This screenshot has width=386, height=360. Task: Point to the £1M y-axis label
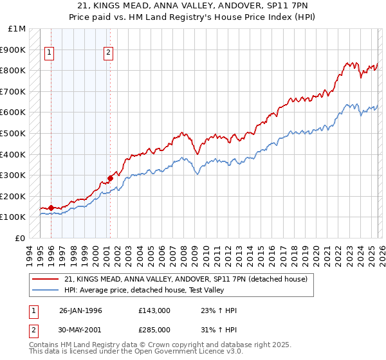pyautogui.click(x=17, y=29)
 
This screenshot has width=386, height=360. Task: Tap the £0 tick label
pyautogui.click(x=21, y=239)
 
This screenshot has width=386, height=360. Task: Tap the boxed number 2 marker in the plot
pyautogui.click(x=109, y=53)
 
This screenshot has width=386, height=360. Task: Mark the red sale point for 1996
pyautogui.click(x=51, y=208)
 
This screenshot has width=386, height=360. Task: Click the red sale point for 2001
pyautogui.click(x=110, y=178)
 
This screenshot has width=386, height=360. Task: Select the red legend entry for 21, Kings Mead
pyautogui.click(x=187, y=279)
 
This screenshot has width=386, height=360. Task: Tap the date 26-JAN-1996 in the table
pyautogui.click(x=80, y=310)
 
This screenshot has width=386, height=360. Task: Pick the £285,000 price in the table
pyautogui.click(x=154, y=329)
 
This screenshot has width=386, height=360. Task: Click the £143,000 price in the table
pyautogui.click(x=154, y=310)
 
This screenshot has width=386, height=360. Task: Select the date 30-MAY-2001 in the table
pyautogui.click(x=80, y=329)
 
